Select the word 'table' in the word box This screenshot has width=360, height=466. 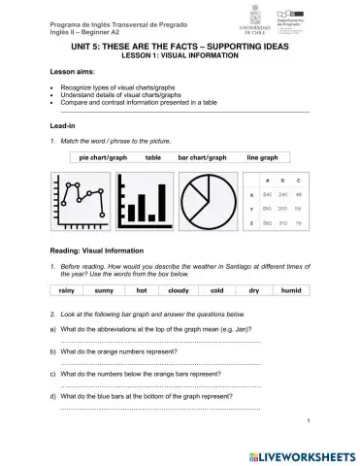pyautogui.click(x=153, y=155)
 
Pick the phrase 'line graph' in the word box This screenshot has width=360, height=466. pyautogui.click(x=262, y=155)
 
